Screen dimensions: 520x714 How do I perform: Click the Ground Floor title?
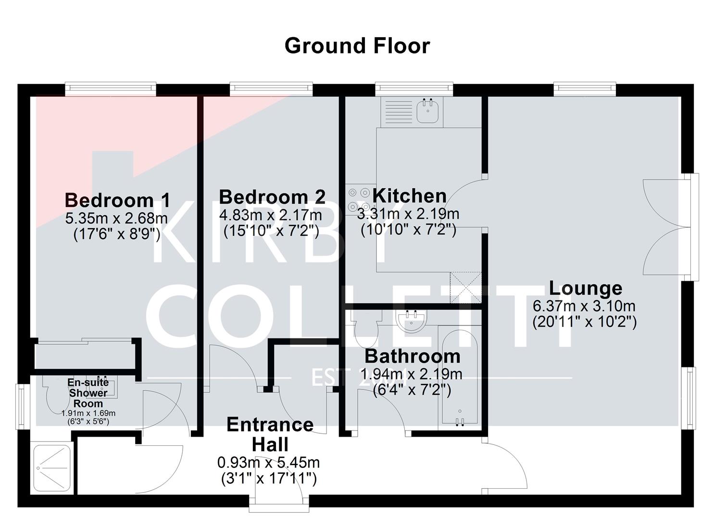pyautogui.click(x=357, y=46)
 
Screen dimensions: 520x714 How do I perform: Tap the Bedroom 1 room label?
pyautogui.click(x=117, y=200)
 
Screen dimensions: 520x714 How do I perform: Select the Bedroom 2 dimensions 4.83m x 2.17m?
pyautogui.click(x=271, y=215)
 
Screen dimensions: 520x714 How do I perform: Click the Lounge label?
pyautogui.click(x=585, y=288)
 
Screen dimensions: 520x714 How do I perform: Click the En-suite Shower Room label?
pyautogui.click(x=88, y=393)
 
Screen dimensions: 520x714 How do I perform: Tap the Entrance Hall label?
pyautogui.click(x=270, y=434)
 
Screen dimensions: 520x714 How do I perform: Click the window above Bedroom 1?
pyautogui.click(x=111, y=87)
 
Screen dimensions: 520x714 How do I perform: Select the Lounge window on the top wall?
pyautogui.click(x=584, y=87)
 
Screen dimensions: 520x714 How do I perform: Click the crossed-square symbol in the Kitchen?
pyautogui.click(x=465, y=287)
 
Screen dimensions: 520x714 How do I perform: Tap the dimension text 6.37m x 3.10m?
pyautogui.click(x=584, y=306)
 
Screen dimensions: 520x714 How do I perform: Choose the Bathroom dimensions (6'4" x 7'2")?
pyautogui.click(x=412, y=390)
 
